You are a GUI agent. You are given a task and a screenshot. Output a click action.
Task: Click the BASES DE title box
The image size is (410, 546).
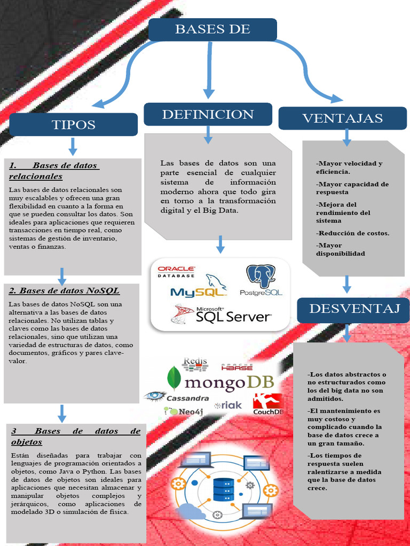coord(212,29)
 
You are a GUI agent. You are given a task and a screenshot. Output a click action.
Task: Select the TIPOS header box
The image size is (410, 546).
coord(73,125)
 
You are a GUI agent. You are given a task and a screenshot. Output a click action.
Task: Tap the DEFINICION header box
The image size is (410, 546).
coord(208,114)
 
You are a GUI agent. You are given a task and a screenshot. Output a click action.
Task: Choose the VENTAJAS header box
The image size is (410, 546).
coord(342,118)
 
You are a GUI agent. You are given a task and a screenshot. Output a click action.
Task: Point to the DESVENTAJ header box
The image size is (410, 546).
coord(353,310)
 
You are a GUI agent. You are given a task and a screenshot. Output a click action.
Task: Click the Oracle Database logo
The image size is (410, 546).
coord(176,272)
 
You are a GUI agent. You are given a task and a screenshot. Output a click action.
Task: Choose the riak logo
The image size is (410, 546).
coord(228,405)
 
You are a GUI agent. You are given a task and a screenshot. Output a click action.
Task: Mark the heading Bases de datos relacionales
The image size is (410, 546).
coord(53,171)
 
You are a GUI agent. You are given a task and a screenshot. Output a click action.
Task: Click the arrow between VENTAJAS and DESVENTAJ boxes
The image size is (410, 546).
coord(346,284)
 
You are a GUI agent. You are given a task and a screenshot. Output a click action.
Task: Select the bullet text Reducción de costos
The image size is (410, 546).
coord(353,233)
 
